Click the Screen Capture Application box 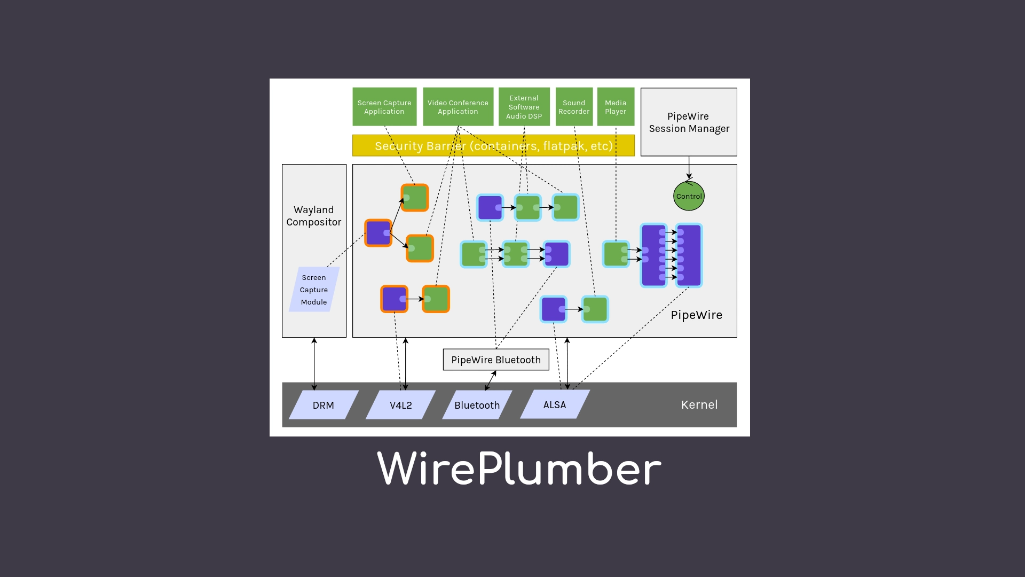384,107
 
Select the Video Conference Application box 458,107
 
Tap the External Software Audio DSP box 524,107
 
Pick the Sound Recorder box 574,107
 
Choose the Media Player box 616,107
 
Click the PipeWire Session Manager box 689,122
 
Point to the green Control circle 689,196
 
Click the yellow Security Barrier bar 493,146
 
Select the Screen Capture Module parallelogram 314,290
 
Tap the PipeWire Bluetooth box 496,360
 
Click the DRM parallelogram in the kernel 324,405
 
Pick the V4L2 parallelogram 400,405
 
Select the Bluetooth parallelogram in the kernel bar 477,405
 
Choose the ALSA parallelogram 555,404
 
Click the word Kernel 699,404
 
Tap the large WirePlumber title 519,469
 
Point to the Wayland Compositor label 314,216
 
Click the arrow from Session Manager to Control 689,167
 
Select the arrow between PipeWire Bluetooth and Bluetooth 491,380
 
